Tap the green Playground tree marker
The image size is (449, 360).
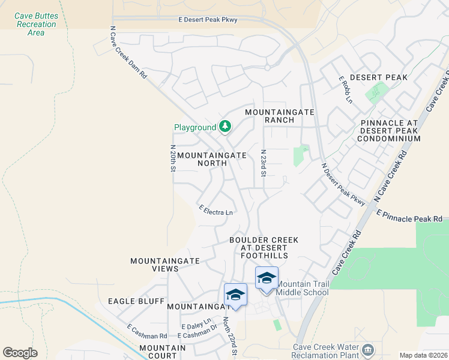[x=225, y=127]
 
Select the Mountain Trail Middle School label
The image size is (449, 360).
[x=303, y=288]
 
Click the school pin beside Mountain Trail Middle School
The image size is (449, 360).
[x=267, y=278]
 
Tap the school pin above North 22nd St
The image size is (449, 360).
[x=235, y=295]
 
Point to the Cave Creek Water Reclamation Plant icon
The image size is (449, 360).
[x=367, y=349]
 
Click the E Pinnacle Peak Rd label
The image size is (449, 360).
[x=412, y=216]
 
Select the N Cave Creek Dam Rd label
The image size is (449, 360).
[x=129, y=52]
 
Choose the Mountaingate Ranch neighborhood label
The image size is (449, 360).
[x=270, y=116]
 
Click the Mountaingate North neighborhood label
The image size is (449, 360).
[x=212, y=158]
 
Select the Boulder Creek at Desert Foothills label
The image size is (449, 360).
[x=264, y=248]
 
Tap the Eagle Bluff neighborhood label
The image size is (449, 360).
[x=136, y=301]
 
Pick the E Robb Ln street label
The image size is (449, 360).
[x=346, y=89]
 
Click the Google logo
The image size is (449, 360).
[x=20, y=352]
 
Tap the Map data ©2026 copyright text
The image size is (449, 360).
[x=423, y=355]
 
